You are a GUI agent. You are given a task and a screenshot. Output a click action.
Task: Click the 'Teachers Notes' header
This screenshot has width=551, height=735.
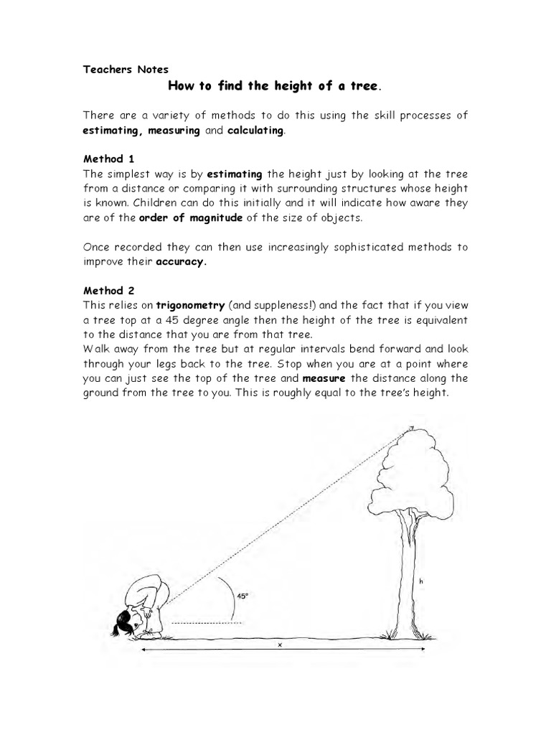(126, 70)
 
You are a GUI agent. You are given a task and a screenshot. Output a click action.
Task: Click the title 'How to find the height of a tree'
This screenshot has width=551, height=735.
(273, 86)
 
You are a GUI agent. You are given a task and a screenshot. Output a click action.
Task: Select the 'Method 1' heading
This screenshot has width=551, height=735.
(108, 159)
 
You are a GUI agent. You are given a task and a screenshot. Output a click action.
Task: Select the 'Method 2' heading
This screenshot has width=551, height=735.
(108, 291)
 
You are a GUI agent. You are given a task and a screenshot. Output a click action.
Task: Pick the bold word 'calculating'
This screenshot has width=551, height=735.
(255, 131)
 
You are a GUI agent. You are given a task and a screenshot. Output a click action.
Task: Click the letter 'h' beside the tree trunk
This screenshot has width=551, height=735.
(423, 583)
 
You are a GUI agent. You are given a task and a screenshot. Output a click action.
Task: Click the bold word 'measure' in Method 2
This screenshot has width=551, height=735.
(323, 378)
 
